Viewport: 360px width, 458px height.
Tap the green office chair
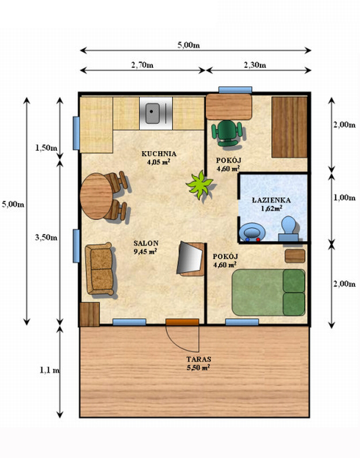click(227, 133)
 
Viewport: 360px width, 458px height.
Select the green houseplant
click(200, 185)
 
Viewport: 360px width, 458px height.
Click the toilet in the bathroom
click(289, 228)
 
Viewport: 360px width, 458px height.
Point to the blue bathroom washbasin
click(252, 232)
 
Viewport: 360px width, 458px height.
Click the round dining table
click(96, 196)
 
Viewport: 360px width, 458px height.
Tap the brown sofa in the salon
click(99, 269)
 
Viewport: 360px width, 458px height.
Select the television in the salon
click(191, 258)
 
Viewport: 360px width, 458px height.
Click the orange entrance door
click(182, 322)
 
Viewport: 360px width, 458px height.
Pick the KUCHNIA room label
click(159, 154)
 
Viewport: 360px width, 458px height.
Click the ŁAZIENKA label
click(271, 200)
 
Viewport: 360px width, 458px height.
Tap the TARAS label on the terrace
click(199, 359)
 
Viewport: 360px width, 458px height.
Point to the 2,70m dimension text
click(142, 65)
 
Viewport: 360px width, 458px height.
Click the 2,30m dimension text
click(255, 65)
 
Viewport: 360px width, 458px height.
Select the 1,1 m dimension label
click(49, 370)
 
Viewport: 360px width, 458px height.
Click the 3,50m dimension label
click(46, 238)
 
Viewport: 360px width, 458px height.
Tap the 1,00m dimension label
click(344, 198)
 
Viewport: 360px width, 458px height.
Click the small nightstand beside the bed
click(295, 256)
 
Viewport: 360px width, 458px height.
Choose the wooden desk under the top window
click(229, 106)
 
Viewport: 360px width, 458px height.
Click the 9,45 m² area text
click(145, 251)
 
